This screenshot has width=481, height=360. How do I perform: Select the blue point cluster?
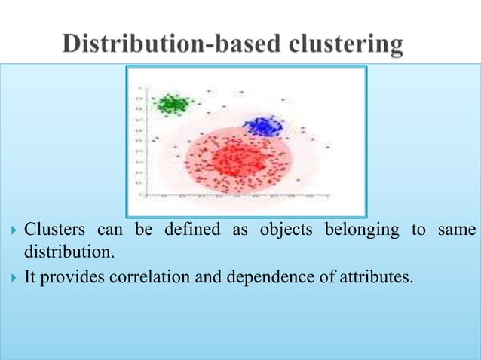(x=262, y=127)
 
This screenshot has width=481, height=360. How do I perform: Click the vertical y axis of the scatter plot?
(x=150, y=143)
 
